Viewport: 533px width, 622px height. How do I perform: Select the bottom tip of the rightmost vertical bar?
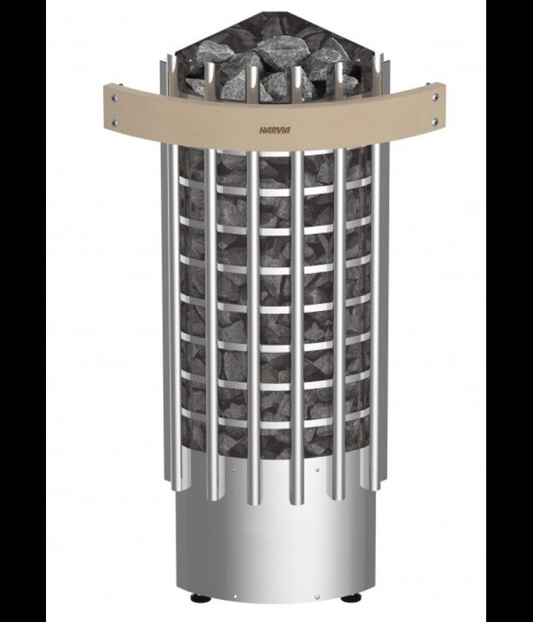(374, 486)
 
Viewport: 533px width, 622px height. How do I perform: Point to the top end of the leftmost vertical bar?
(170, 57)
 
